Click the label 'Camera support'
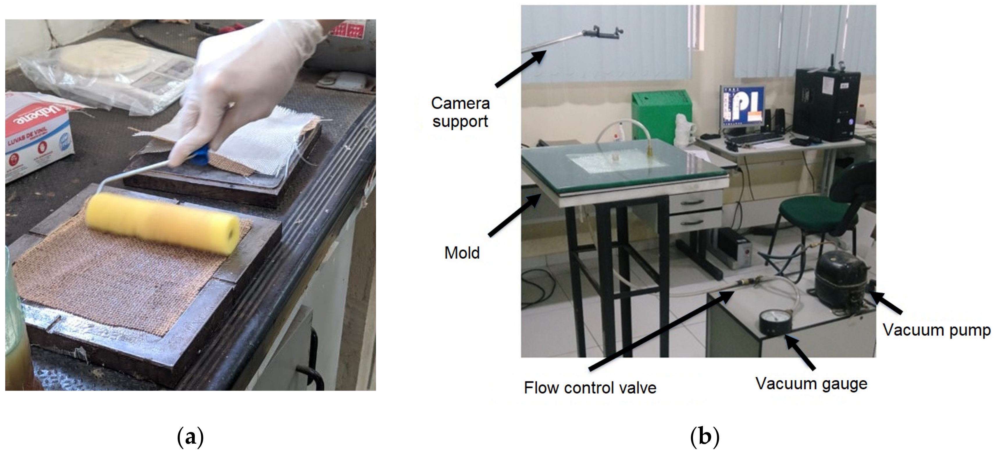pos(460,112)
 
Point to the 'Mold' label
pos(462,253)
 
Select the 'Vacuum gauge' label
pos(811,384)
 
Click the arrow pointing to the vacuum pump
pos(887,303)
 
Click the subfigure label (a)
pos(190,437)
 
